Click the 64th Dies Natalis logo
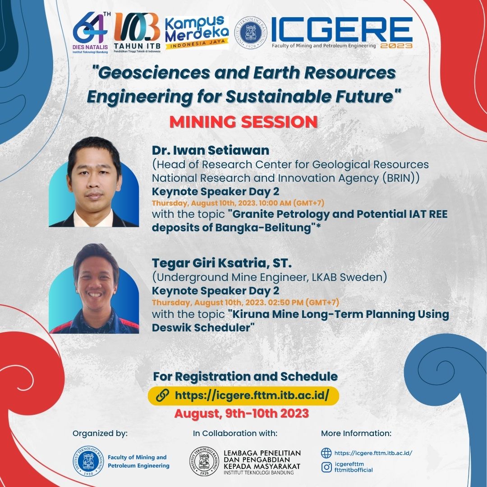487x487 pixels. pyautogui.click(x=91, y=32)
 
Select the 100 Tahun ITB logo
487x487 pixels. pyautogui.click(x=137, y=32)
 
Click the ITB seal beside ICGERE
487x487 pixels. pyautogui.click(x=250, y=32)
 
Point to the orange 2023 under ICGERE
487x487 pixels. pyautogui.click(x=396, y=46)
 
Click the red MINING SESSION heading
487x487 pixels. pyautogui.click(x=243, y=122)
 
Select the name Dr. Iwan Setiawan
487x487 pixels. pyautogui.click(x=211, y=150)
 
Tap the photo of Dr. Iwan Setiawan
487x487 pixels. pyautogui.click(x=94, y=182)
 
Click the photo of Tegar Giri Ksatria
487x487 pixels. pyautogui.click(x=94, y=289)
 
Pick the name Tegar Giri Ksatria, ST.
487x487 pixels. pyautogui.click(x=222, y=263)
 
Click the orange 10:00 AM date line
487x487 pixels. pyautogui.click(x=238, y=203)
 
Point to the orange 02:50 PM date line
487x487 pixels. pyautogui.click(x=245, y=302)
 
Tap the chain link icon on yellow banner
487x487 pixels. pyautogui.click(x=162, y=395)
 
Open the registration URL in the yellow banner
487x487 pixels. pyautogui.click(x=252, y=395)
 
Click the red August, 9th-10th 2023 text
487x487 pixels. pyautogui.click(x=242, y=413)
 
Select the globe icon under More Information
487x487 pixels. pyautogui.click(x=326, y=453)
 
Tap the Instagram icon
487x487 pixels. pyautogui.click(x=326, y=467)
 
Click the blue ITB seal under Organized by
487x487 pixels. pyautogui.click(x=88, y=461)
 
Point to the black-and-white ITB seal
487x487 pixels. pyautogui.click(x=204, y=461)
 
